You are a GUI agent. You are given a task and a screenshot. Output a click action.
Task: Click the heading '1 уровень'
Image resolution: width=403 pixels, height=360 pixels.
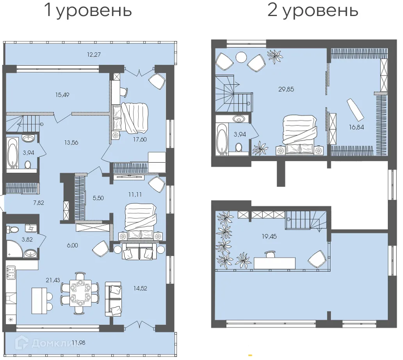(88, 11)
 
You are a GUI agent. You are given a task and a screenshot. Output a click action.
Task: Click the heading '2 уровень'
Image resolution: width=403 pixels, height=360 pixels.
(312, 11)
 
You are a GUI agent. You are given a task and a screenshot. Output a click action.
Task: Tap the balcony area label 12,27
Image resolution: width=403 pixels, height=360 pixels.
(94, 55)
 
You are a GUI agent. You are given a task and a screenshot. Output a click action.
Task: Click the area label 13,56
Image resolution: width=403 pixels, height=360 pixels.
(71, 143)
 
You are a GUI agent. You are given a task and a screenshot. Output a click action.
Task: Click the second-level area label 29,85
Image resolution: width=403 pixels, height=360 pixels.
(287, 89)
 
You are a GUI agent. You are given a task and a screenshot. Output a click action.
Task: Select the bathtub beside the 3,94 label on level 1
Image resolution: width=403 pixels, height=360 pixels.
(13, 152)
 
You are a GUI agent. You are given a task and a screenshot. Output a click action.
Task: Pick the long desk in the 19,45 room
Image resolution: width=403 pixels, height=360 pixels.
(275, 263)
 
